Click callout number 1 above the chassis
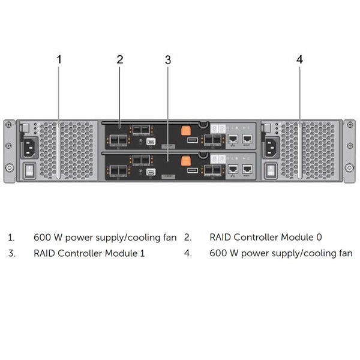(x=59, y=59)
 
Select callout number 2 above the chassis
(x=120, y=59)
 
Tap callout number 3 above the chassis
(x=168, y=59)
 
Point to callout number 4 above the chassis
(x=299, y=59)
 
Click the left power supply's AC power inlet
(x=29, y=147)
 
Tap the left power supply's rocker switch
(x=28, y=171)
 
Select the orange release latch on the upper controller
(x=186, y=130)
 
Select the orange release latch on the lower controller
(x=186, y=160)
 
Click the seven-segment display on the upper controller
(x=220, y=128)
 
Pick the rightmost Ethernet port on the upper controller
(x=247, y=139)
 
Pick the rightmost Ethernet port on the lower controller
(x=247, y=170)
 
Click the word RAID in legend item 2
(x=220, y=238)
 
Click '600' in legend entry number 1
(x=42, y=238)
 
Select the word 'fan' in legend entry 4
(x=344, y=253)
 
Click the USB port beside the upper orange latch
(x=192, y=140)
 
